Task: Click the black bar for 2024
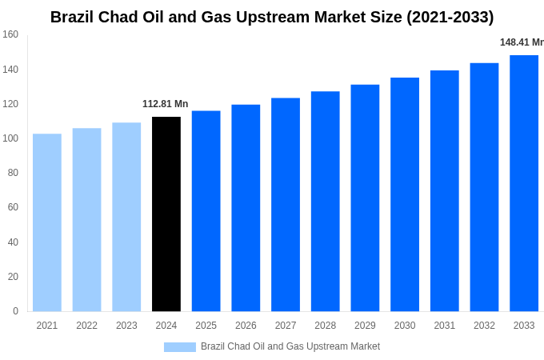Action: tap(166, 214)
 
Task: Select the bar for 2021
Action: tap(47, 222)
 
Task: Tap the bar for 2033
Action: tap(524, 183)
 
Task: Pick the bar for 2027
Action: tap(286, 205)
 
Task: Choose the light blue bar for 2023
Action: tap(126, 217)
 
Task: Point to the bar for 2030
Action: tap(405, 194)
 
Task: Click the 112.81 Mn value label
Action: tap(166, 104)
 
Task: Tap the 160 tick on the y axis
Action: tap(10, 34)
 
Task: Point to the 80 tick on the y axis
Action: tap(13, 173)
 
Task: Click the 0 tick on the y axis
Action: tap(15, 311)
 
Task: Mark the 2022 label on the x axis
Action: tap(86, 326)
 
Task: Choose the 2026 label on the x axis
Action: tap(246, 326)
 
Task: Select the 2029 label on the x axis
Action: tap(365, 326)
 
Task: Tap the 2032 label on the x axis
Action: tap(484, 326)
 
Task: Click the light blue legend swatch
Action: tap(180, 347)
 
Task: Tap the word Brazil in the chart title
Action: tap(74, 17)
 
